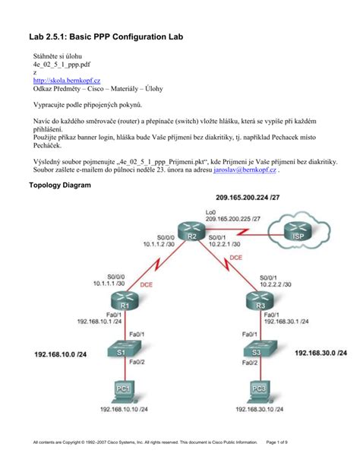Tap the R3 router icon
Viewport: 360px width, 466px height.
tap(259, 303)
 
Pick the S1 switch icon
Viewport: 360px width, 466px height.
tap(122, 352)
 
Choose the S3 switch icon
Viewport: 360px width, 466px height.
tap(258, 353)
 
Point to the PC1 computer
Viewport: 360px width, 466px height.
tap(122, 392)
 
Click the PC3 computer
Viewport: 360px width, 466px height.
tap(258, 391)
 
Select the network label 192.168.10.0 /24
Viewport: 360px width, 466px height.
tap(60, 353)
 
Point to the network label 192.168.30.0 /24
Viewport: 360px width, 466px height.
tap(322, 353)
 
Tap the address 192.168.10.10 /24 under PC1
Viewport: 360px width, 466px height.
tap(125, 410)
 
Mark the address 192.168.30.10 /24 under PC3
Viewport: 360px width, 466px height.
tap(262, 410)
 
